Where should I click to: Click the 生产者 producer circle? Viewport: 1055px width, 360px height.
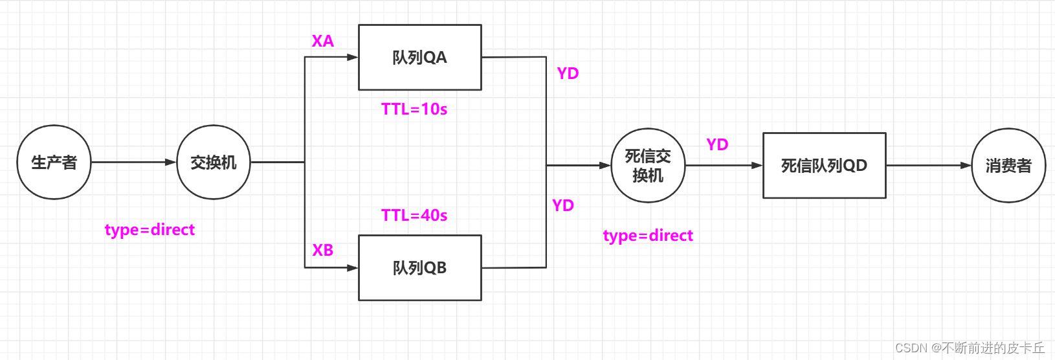click(x=54, y=163)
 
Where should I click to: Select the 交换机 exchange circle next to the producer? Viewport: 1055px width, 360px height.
click(x=214, y=163)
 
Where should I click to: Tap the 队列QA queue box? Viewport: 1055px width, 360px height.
click(x=419, y=58)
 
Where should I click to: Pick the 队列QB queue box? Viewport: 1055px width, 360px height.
click(x=419, y=267)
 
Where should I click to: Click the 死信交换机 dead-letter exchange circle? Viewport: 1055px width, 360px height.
click(x=647, y=166)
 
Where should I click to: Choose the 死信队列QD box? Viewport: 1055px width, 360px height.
click(x=824, y=166)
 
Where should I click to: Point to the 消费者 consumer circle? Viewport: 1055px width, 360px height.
click(x=1008, y=166)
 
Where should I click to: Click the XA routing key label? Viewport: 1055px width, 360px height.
click(x=323, y=41)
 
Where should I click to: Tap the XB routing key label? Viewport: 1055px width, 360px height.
click(x=323, y=250)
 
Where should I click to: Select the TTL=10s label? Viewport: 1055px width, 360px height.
click(x=414, y=109)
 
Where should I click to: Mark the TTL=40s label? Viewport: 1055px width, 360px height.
click(x=414, y=215)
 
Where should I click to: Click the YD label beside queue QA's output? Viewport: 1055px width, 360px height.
click(x=568, y=73)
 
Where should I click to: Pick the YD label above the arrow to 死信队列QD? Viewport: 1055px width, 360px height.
click(x=717, y=144)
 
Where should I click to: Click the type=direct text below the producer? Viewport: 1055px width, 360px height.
click(x=150, y=230)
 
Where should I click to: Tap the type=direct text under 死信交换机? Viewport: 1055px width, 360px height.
click(x=648, y=236)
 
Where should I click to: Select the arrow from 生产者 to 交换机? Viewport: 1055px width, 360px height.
click(x=133, y=163)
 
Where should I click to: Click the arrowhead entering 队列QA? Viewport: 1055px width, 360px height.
click(x=353, y=57)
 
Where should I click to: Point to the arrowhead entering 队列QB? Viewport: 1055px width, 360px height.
click(x=353, y=267)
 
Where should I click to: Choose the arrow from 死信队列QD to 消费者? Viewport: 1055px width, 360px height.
click(x=929, y=166)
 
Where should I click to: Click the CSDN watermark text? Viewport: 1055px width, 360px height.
click(x=970, y=348)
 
